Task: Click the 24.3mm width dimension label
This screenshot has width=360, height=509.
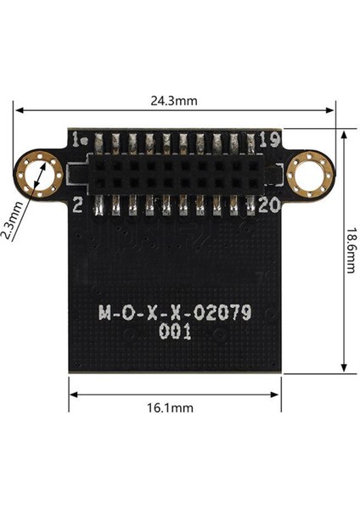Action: click(x=174, y=100)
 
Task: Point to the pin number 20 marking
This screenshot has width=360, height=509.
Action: click(x=269, y=204)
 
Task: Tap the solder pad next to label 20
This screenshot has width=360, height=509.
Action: click(x=249, y=205)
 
